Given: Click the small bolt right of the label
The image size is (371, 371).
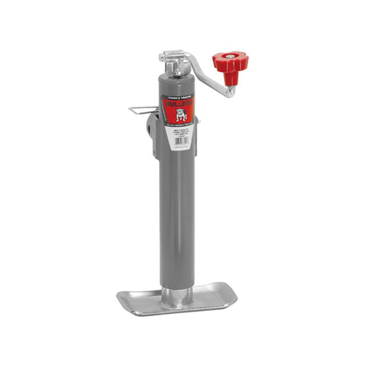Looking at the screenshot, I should tap(197, 122).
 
